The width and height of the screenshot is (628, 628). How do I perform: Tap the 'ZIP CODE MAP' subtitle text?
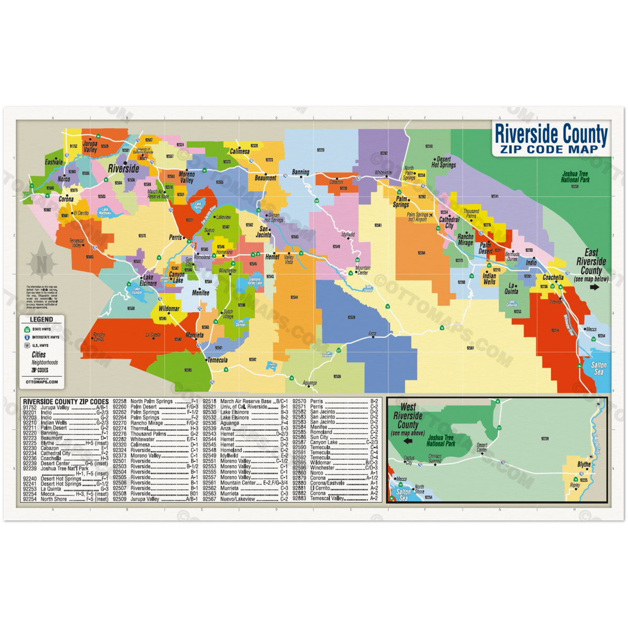coord(552,149)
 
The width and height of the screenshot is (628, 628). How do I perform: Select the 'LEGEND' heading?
coord(41,319)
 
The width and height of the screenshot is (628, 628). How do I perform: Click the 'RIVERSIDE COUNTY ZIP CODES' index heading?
coord(66,401)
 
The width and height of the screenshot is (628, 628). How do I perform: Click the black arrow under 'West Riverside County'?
coord(407,441)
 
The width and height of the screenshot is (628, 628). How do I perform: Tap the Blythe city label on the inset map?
coord(584,464)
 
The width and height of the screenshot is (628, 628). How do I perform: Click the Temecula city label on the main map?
coord(218,360)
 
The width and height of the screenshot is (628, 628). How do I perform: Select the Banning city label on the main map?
coord(300,172)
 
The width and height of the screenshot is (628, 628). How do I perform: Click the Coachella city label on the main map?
coord(553,277)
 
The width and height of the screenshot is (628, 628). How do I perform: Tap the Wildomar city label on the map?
coord(169,309)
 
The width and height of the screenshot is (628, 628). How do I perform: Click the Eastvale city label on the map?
coord(53,162)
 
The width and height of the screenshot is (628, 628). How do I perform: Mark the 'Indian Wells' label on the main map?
coord(489,278)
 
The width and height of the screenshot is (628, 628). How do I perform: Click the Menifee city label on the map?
coord(200,293)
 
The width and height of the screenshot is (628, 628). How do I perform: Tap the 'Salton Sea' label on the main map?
coord(599,368)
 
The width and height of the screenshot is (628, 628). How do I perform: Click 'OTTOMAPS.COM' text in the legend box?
coord(42,382)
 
